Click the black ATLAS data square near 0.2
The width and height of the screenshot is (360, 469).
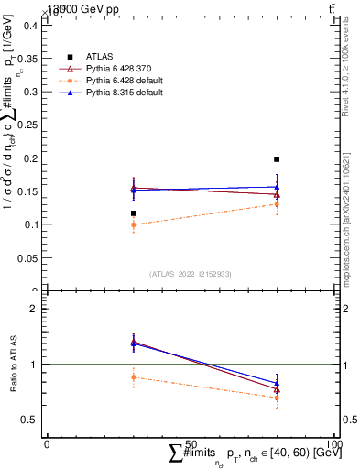click(277, 159)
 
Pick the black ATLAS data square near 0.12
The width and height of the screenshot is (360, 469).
click(134, 213)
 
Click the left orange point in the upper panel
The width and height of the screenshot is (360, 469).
click(134, 224)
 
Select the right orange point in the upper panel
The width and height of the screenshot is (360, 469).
click(277, 204)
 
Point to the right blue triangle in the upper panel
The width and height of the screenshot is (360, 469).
click(277, 186)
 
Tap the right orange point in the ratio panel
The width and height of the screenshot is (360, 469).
click(277, 398)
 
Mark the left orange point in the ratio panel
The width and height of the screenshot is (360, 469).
click(134, 376)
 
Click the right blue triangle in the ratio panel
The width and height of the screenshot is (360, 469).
click(277, 383)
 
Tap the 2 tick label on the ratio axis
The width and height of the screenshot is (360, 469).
click(33, 309)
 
